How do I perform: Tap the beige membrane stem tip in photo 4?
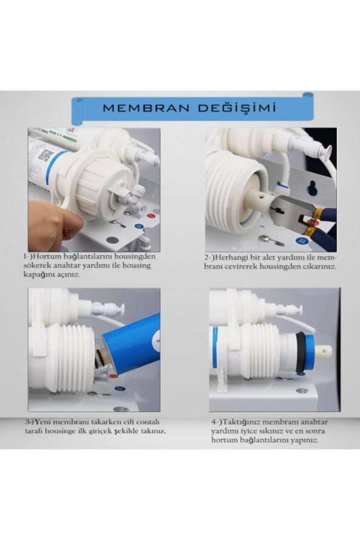click(323, 351)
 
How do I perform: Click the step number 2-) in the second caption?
click(211, 258)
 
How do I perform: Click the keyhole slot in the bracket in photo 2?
click(311, 187)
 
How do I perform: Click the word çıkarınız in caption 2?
click(316, 267)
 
